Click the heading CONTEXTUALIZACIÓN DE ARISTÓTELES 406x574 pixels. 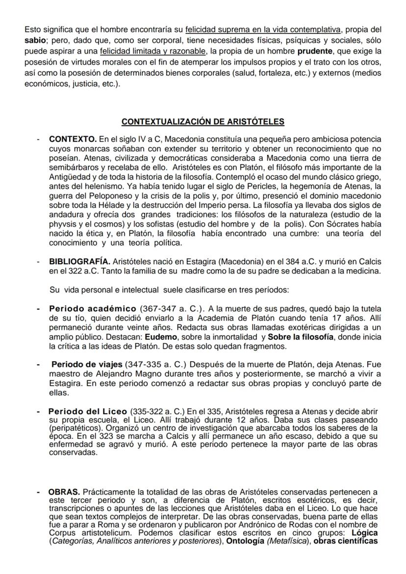(203, 122)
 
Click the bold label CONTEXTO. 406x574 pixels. (72, 140)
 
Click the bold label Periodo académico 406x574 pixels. (93, 309)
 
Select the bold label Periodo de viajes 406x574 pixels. (87, 365)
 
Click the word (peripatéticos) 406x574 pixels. (74, 427)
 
